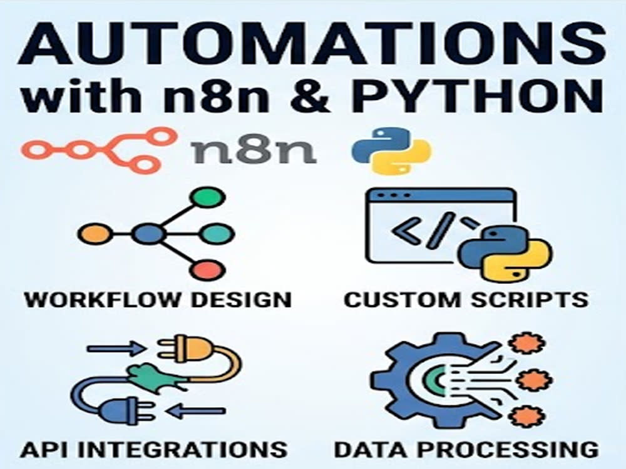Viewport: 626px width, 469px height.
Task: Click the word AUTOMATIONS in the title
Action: (312, 44)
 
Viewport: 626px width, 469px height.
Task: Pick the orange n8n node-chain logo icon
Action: (99, 150)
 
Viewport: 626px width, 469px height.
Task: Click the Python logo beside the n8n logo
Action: (391, 150)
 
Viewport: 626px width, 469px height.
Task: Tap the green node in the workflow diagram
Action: (207, 198)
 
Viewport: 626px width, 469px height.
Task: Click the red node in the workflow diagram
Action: (207, 270)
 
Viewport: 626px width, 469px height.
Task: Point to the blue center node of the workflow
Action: (148, 234)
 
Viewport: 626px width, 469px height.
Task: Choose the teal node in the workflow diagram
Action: (216, 234)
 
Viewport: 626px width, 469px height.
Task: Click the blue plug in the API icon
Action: (125, 412)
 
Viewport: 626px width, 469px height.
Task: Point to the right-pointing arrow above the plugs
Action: (116, 349)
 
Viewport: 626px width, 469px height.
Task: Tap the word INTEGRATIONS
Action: (187, 450)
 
